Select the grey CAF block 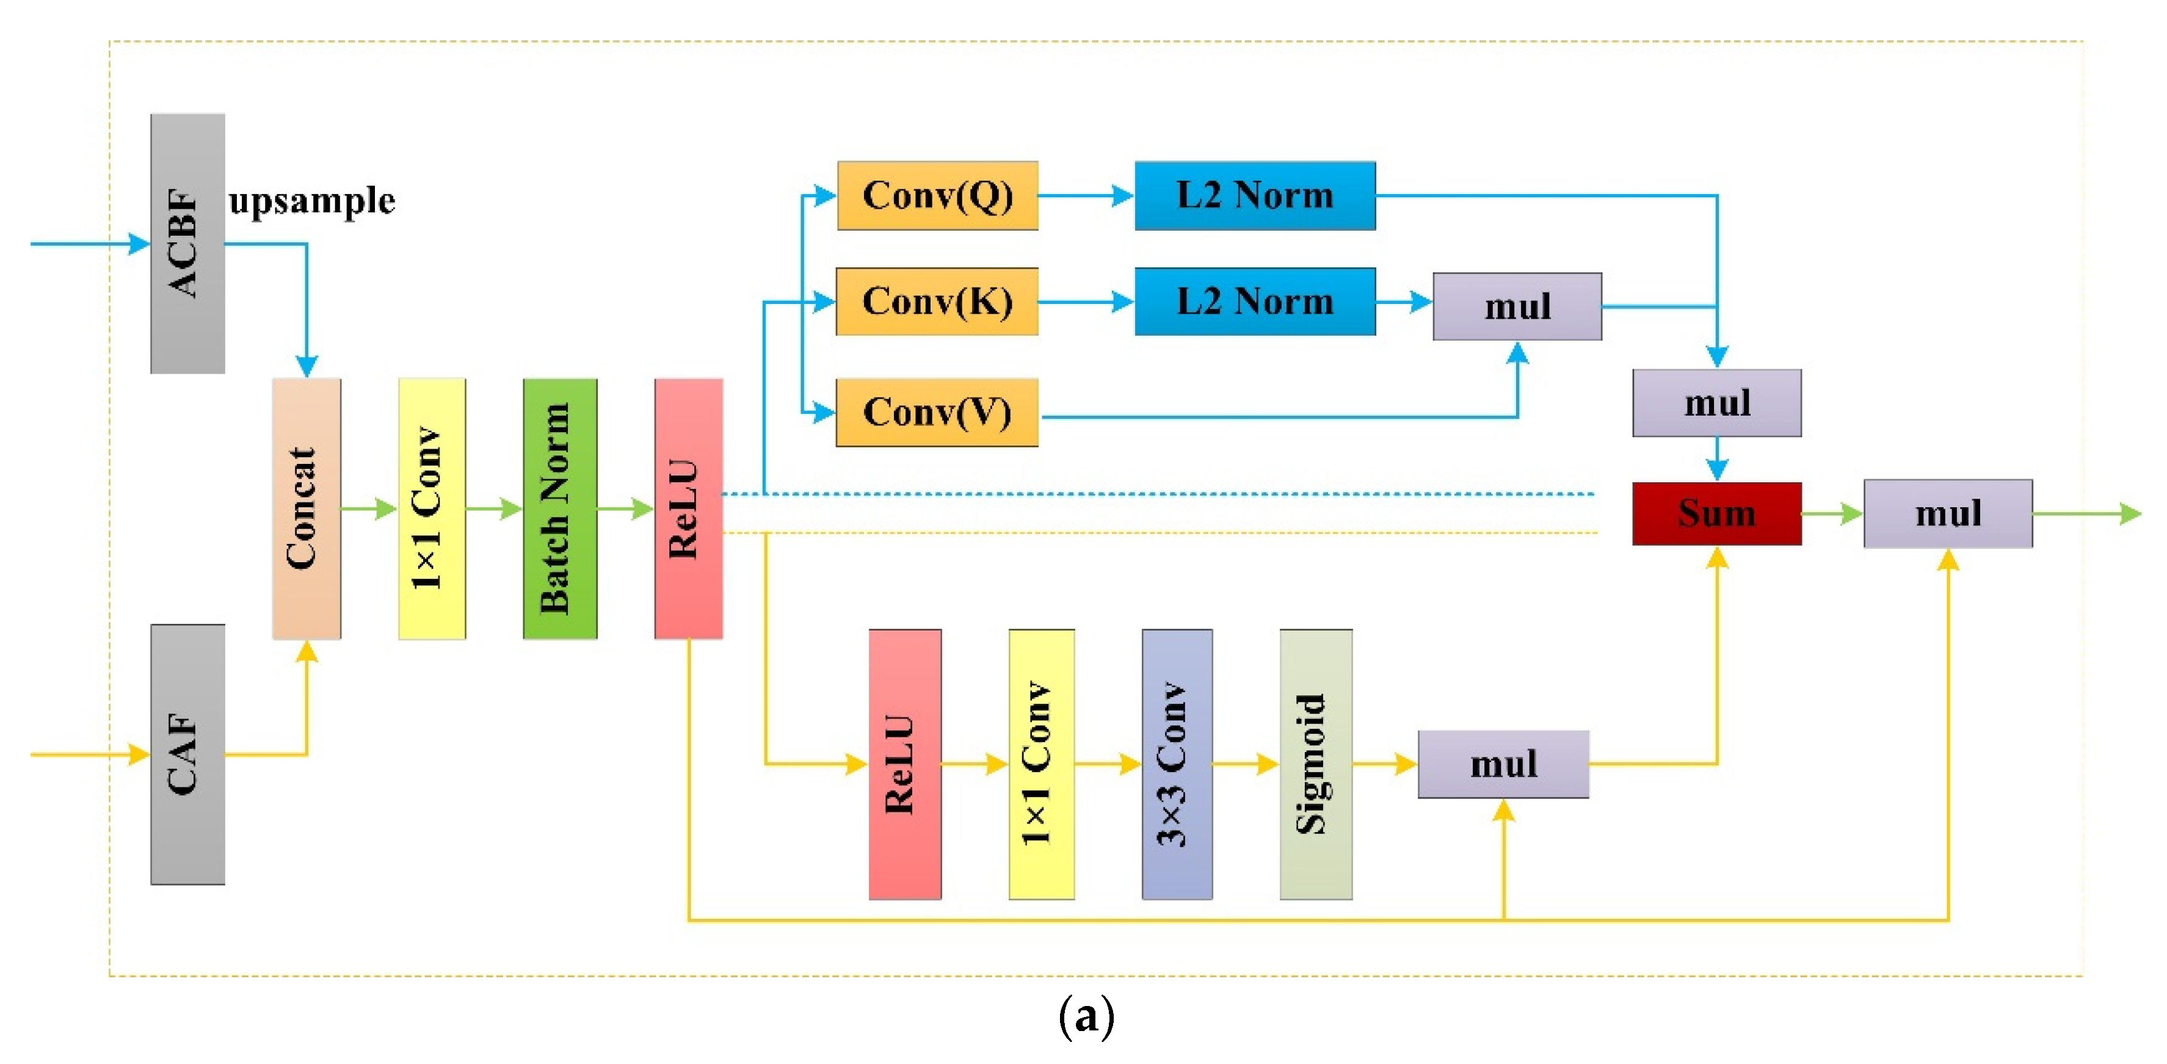tap(187, 754)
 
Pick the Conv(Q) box tap(937, 195)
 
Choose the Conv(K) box tap(937, 301)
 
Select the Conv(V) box tap(937, 412)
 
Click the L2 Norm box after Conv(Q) tap(1254, 195)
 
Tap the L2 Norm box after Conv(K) tap(1254, 301)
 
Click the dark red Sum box tap(1716, 513)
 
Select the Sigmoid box tap(1316, 764)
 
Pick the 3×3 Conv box tap(1176, 764)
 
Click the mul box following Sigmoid tap(1503, 764)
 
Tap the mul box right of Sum tap(1947, 513)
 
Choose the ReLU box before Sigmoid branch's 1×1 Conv tap(904, 764)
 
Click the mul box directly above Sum tap(1716, 403)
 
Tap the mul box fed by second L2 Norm tap(1517, 306)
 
